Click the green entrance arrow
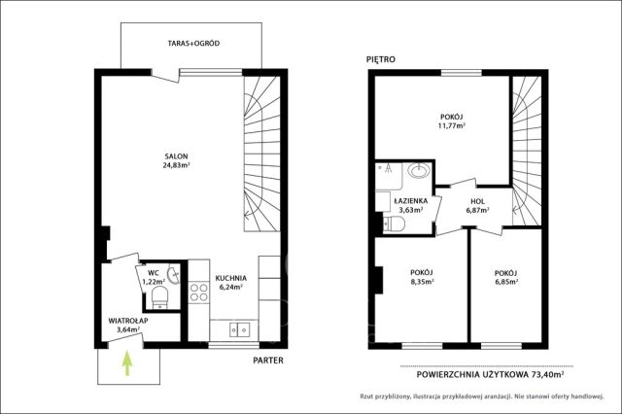click(127, 362)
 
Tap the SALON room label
click(177, 156)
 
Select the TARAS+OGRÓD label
click(193, 43)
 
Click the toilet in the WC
click(159, 297)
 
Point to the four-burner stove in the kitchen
click(198, 292)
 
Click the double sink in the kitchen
click(240, 329)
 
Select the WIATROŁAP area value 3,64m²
click(127, 329)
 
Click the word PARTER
click(268, 361)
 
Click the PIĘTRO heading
click(381, 59)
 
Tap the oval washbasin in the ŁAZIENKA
click(419, 170)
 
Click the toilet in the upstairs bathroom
click(394, 224)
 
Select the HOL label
click(477, 201)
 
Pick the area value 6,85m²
click(505, 282)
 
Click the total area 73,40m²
click(548, 374)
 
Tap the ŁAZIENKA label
click(411, 201)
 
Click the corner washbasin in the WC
click(174, 275)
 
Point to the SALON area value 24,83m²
click(176, 165)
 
